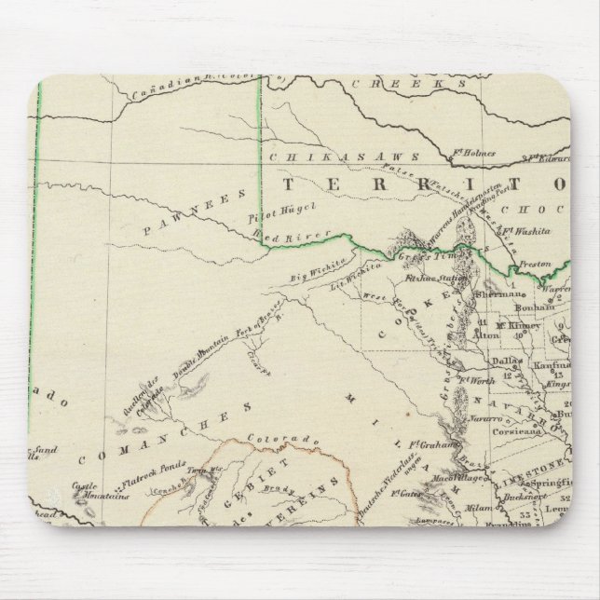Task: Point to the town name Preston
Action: point(536,264)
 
